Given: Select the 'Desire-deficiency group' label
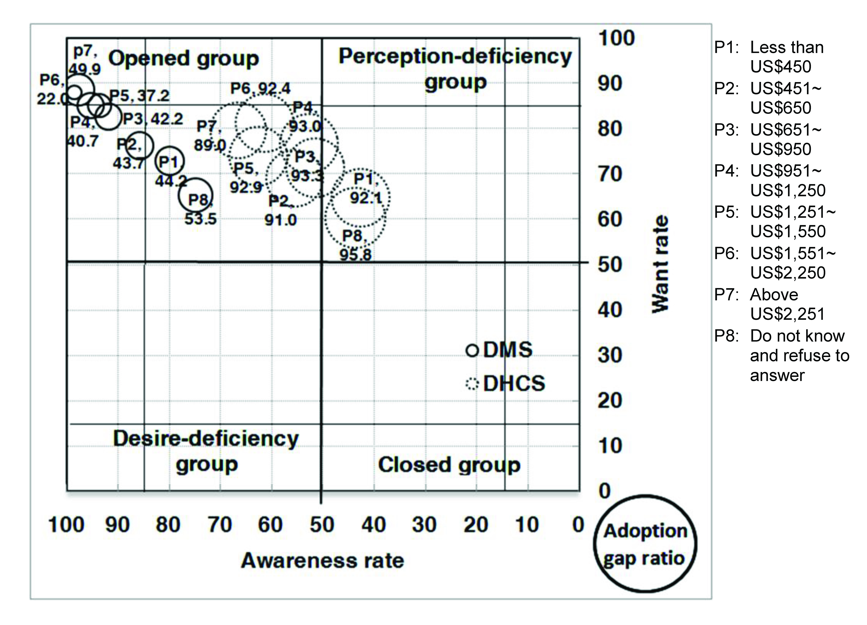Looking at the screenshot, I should click(x=206, y=451).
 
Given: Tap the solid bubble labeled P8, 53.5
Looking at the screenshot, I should click(x=195, y=195).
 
